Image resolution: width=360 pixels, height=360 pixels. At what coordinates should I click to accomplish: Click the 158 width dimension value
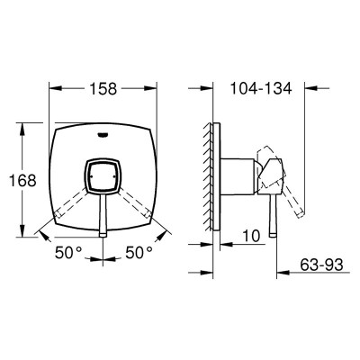[x=103, y=88]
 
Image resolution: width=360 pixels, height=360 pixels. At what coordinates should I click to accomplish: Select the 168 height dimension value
[x=22, y=181]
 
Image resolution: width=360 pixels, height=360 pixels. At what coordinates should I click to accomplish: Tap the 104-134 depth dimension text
[x=261, y=88]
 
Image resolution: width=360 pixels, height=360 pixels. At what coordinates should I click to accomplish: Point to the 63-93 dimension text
[x=321, y=265]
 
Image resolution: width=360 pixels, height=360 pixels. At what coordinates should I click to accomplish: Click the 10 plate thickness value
[x=251, y=236]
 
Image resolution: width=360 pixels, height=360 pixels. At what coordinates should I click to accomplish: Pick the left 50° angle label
[x=67, y=253]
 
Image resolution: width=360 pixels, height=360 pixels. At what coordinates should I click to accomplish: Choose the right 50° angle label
[x=139, y=253]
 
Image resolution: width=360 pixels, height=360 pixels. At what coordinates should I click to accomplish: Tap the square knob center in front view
[x=103, y=176]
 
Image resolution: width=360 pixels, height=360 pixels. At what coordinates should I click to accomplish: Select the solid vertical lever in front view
[x=103, y=215]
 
